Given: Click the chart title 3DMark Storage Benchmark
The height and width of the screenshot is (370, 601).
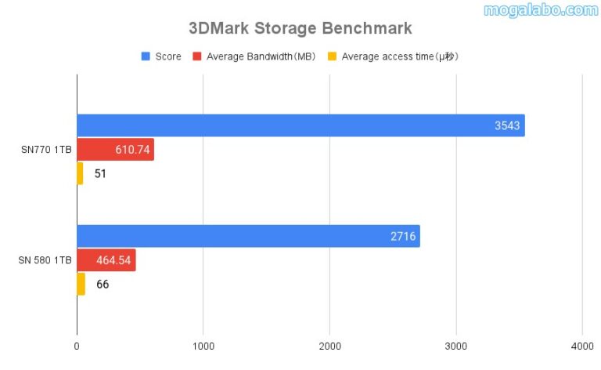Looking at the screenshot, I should point(300,29).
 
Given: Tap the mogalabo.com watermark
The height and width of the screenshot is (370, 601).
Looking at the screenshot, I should point(540,10).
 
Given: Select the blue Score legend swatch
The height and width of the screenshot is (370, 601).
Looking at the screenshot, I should point(146,56).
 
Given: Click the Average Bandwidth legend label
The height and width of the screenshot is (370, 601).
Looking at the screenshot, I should point(257,56).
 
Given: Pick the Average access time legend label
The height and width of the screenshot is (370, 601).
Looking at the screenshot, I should point(398,56).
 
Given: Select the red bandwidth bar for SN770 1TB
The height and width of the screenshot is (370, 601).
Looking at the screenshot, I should point(115,150).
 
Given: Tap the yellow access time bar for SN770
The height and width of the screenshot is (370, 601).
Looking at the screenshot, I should point(80,173).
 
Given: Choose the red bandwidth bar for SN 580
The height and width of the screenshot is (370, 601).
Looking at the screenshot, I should point(106,260).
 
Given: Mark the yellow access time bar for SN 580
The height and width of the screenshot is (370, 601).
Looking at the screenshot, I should point(81,284).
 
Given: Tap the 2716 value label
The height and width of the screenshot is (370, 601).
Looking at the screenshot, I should point(403,236).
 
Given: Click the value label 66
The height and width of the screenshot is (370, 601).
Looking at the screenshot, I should point(103,284).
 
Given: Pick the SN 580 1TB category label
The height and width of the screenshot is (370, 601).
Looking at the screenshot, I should point(45,260).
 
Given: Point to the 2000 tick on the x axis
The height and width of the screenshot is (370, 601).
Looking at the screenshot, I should point(329,346).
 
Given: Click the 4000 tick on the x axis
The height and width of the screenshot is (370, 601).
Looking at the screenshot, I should point(581,346).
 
